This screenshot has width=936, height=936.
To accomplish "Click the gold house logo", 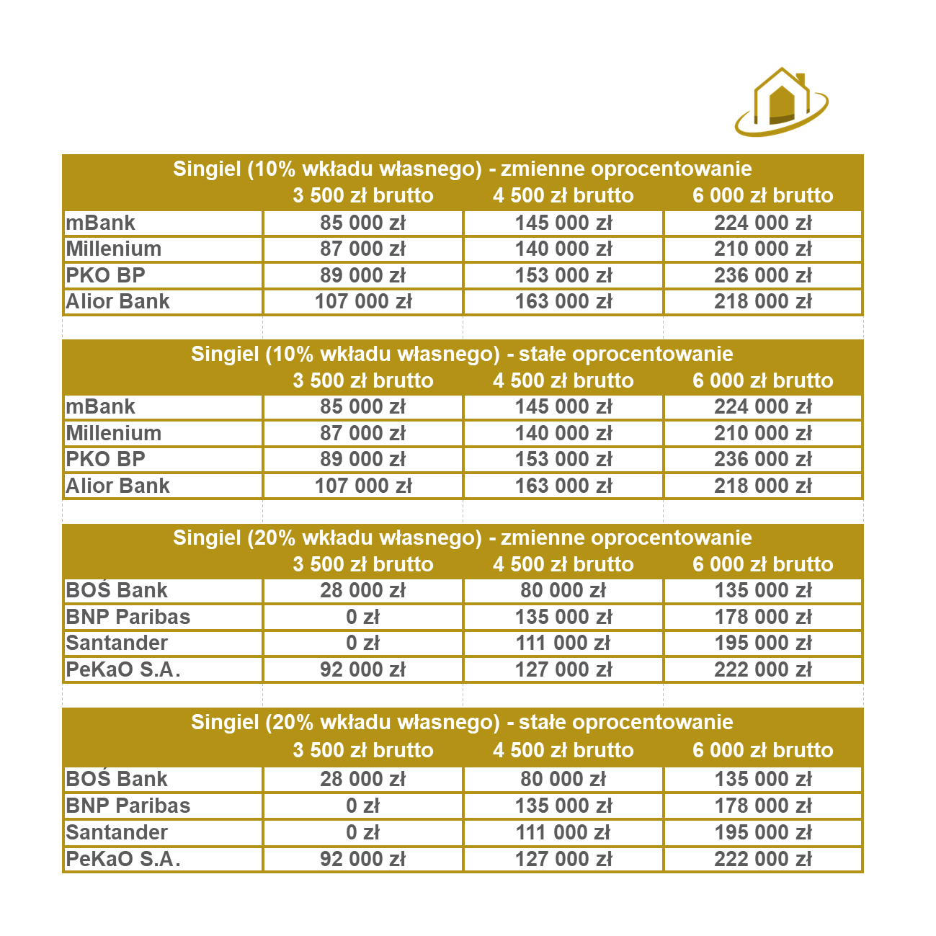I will [781, 102].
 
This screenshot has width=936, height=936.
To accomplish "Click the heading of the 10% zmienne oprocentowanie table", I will [462, 169].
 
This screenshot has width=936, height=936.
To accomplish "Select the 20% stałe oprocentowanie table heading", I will [462, 722].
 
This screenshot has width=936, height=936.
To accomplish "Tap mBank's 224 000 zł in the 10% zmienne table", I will [762, 223].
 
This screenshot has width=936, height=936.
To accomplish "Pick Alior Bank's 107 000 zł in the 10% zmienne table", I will [362, 301].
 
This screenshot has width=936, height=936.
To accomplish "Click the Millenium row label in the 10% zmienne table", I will [114, 249].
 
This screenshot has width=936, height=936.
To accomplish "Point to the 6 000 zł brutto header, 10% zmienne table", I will [762, 195].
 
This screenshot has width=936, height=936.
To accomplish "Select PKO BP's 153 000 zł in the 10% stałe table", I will [563, 459].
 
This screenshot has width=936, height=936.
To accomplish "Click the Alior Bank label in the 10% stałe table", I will [117, 486].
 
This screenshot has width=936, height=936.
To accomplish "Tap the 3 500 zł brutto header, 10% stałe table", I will [362, 380].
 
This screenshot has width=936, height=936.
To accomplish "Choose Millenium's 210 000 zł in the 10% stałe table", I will [762, 433].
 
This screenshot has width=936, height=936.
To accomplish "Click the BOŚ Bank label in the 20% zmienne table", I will [117, 590].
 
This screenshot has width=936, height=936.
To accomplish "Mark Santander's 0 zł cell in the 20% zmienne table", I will [362, 643].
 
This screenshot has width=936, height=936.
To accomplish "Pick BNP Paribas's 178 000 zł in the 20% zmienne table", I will [762, 617].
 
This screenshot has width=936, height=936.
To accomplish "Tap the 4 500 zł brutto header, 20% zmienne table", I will [563, 564].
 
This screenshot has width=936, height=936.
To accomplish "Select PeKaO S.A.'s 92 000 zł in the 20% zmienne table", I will [362, 669].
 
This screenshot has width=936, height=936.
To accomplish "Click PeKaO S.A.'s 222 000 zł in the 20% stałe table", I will [762, 859].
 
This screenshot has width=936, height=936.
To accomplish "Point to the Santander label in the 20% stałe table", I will [117, 832].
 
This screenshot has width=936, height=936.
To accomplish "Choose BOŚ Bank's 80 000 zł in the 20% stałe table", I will [563, 779].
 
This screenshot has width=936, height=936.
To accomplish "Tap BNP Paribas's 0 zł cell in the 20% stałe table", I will [362, 806].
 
